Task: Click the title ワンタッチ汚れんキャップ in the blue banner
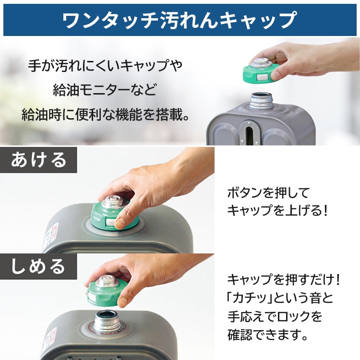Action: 180,19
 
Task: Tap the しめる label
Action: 38,266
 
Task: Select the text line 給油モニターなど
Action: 105,89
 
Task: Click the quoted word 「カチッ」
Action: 249,298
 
